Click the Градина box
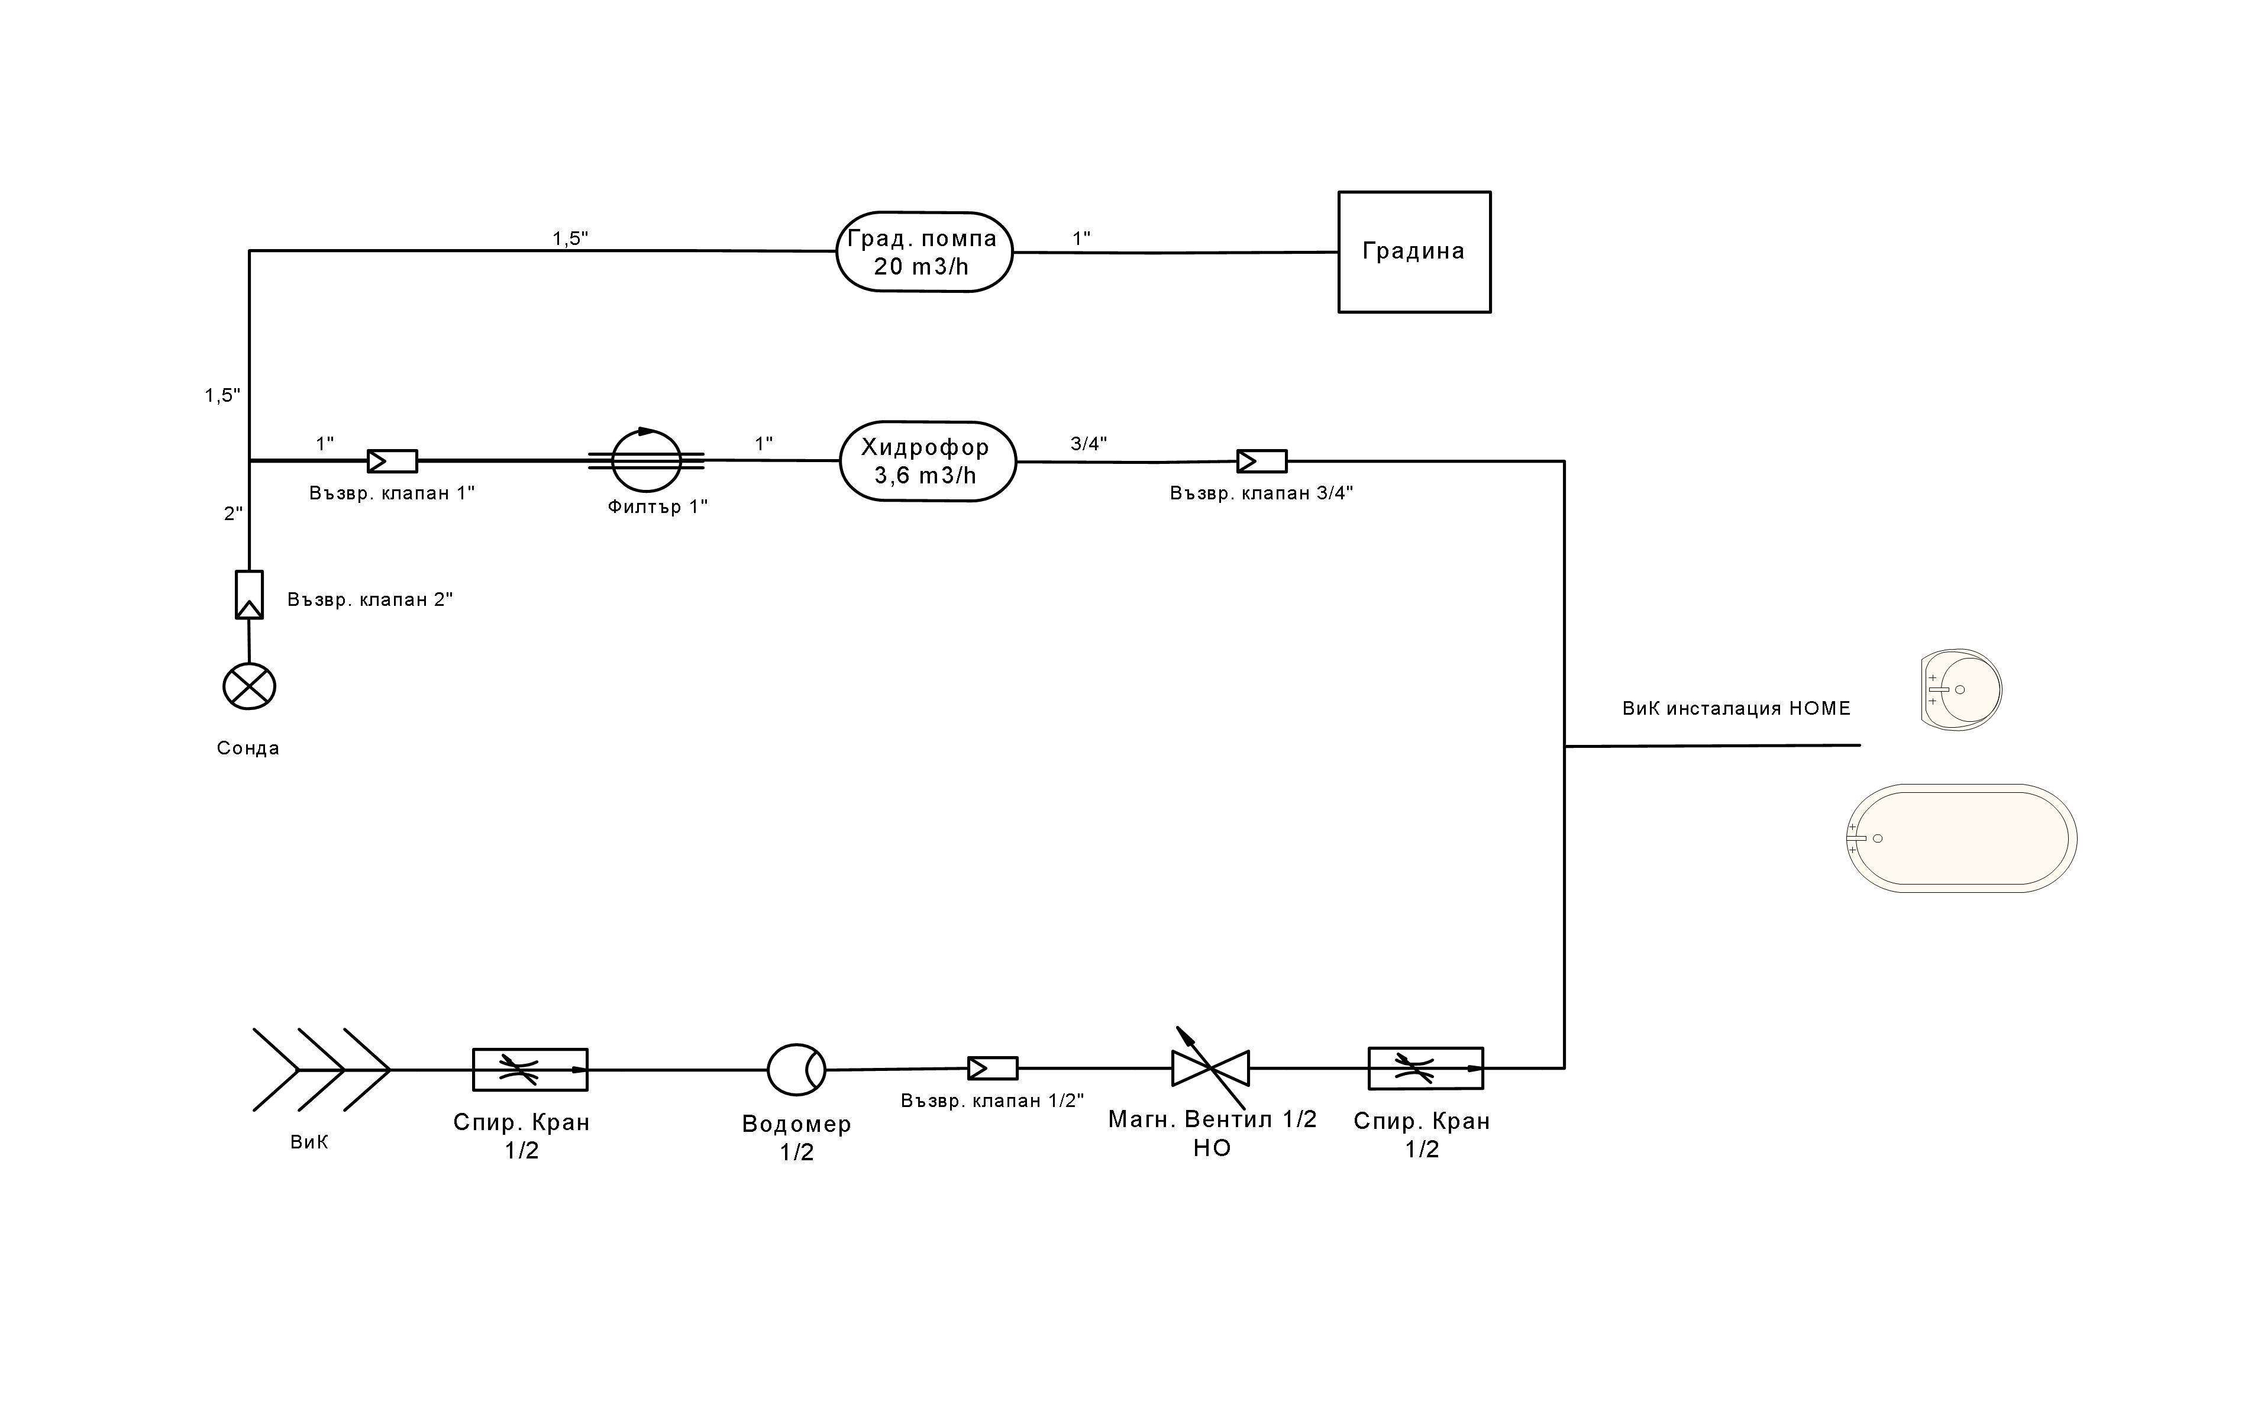pyautogui.click(x=1413, y=252)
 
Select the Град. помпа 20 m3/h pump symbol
pyautogui.click(x=923, y=252)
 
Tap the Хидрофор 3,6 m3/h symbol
pyautogui.click(x=927, y=461)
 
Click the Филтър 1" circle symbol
pyautogui.click(x=646, y=460)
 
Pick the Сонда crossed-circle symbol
pyautogui.click(x=249, y=686)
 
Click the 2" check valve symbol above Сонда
pyautogui.click(x=249, y=595)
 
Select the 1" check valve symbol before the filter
pyautogui.click(x=392, y=461)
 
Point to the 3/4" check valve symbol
pyautogui.click(x=1261, y=461)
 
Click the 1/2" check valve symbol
pyautogui.click(x=992, y=1068)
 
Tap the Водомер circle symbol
pyautogui.click(x=796, y=1069)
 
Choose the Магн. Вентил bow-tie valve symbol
pyautogui.click(x=1210, y=1068)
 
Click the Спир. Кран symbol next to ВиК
pyautogui.click(x=530, y=1069)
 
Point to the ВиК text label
pyautogui.click(x=309, y=1143)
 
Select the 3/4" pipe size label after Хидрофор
pyautogui.click(x=1089, y=444)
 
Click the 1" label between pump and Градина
pyautogui.click(x=1081, y=239)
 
